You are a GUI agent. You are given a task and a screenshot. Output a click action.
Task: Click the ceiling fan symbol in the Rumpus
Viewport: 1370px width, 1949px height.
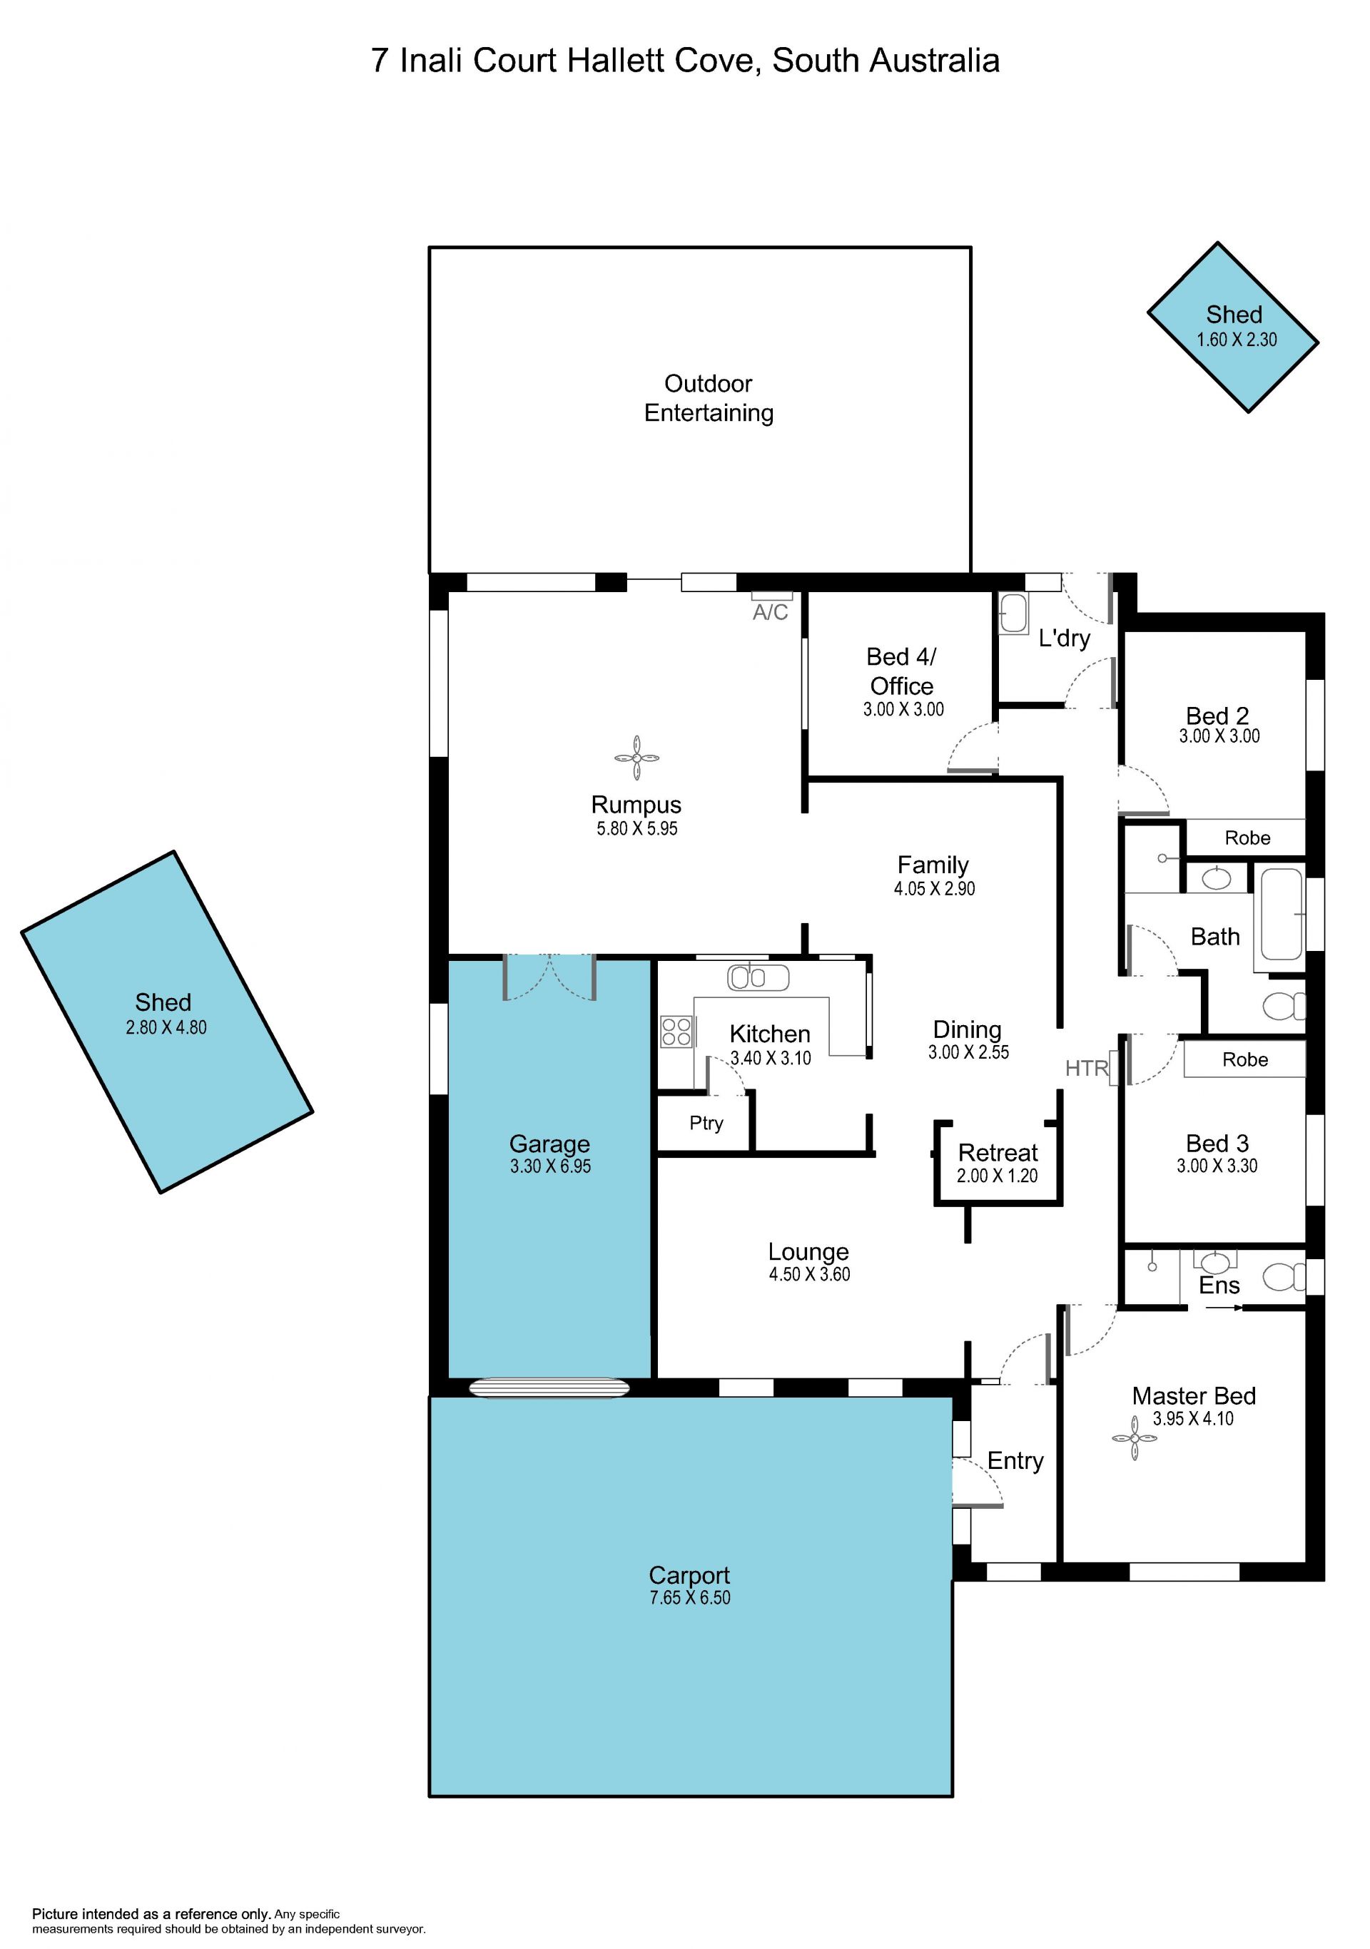tap(636, 757)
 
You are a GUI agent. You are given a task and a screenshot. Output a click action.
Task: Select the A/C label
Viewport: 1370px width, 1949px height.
tap(770, 612)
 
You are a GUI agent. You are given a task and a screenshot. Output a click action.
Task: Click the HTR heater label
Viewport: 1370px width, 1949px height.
tap(1087, 1068)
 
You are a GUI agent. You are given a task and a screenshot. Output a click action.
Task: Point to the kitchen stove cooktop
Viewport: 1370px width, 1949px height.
tap(676, 1032)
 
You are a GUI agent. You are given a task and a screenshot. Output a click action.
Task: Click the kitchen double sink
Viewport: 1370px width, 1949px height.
tap(758, 978)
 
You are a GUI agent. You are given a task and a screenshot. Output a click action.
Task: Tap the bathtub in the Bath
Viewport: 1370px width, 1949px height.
tap(1281, 913)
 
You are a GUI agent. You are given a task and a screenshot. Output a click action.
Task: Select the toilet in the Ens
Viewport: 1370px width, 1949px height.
tap(1284, 1277)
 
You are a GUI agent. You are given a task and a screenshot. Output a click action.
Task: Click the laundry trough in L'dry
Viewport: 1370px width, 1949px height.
tap(1013, 614)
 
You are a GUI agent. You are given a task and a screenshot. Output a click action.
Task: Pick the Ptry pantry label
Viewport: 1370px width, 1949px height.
tap(706, 1123)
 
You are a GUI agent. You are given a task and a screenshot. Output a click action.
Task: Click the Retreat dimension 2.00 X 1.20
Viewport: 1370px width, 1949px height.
tap(998, 1176)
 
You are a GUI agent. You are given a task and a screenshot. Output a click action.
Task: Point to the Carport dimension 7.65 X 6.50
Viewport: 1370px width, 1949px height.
tap(690, 1597)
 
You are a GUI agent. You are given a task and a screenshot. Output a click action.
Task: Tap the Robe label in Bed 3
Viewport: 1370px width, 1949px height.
tap(1245, 1059)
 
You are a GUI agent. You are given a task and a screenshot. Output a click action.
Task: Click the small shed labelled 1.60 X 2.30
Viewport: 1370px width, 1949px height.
tap(1233, 327)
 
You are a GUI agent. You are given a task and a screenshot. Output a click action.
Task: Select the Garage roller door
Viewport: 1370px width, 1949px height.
tap(550, 1387)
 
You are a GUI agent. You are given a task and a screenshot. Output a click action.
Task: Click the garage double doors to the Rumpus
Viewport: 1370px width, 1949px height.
tap(549, 978)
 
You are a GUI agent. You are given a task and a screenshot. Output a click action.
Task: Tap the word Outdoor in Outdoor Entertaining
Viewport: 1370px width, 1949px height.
tap(708, 384)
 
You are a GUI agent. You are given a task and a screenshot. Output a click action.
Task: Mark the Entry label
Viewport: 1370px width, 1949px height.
tap(1015, 1461)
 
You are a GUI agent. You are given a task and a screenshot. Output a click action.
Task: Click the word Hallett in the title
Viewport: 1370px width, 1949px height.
tap(616, 60)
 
